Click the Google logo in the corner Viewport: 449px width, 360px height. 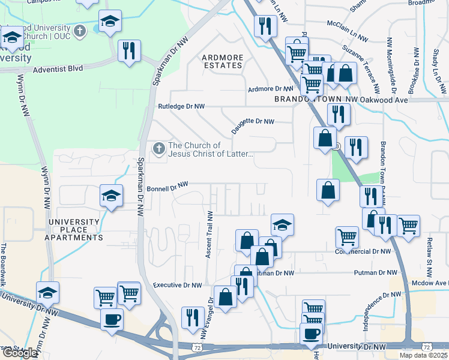(19, 353)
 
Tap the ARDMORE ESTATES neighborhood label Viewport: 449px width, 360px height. (222, 61)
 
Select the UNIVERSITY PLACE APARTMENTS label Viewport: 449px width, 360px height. (76, 230)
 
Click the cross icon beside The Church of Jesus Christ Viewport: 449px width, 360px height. (158, 148)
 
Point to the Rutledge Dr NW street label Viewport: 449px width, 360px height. (181, 106)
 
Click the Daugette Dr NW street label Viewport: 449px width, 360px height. (253, 122)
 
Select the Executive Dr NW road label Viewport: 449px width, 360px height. (177, 286)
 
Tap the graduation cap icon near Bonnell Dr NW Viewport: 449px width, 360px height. (111, 195)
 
